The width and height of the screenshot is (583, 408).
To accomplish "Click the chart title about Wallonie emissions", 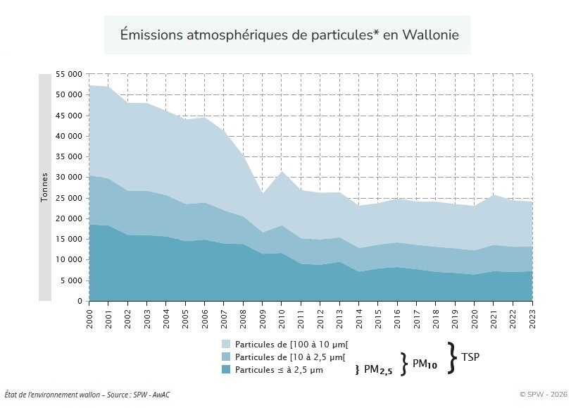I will [x=288, y=35].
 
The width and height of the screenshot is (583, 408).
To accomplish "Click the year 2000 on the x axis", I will [x=89, y=315].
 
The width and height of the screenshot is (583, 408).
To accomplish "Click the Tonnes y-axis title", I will [x=44, y=187].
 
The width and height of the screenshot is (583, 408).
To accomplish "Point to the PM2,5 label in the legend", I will [x=377, y=370].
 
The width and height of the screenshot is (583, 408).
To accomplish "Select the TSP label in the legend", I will [x=470, y=358].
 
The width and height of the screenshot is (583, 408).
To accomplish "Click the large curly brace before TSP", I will [x=452, y=357].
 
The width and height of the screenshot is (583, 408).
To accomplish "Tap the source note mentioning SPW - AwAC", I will [x=87, y=395].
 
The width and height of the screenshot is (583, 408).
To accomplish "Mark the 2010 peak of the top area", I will [x=281, y=171].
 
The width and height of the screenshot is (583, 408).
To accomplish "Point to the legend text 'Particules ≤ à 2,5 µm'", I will [x=280, y=369].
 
